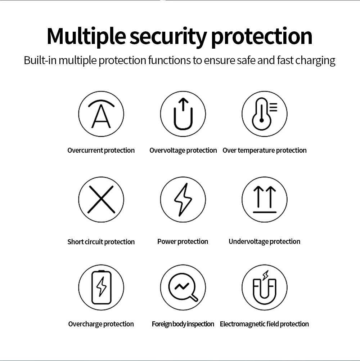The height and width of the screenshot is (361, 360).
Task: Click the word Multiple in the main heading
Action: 86,36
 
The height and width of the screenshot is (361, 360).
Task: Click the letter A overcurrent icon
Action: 101,114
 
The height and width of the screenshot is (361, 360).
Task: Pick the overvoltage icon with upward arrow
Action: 183,114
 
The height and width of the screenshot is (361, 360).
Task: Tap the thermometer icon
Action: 265,114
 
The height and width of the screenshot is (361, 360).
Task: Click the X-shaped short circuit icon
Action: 101,199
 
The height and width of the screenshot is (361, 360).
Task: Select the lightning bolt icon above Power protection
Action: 183,199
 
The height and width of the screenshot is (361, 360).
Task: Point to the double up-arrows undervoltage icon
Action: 265,199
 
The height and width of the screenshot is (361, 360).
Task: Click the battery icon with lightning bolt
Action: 101,288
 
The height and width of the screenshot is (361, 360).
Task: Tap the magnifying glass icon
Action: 183,288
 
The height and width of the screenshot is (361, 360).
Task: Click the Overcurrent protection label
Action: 101,150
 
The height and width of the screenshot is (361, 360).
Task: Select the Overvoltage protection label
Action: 183,150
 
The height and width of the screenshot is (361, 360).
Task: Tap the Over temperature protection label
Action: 265,150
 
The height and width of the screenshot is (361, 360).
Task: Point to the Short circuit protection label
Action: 101,242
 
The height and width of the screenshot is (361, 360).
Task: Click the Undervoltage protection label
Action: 264,241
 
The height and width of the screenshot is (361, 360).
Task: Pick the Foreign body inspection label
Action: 183,324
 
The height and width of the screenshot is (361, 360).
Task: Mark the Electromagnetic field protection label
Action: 264,324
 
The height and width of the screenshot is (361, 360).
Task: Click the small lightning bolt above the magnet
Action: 266,275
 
